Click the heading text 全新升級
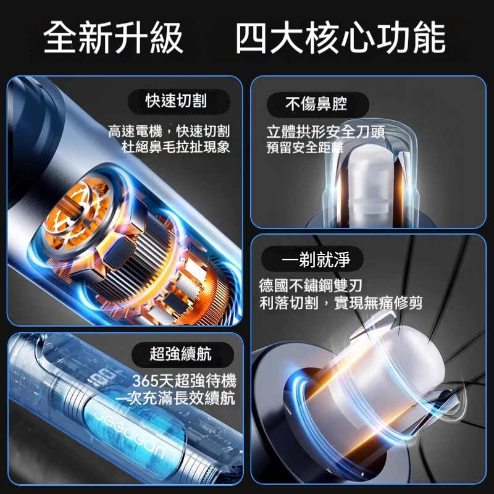(x=113, y=38)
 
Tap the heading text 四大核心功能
(x=341, y=38)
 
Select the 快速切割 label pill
(x=178, y=101)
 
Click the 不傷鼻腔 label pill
(x=317, y=104)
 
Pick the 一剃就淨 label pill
(x=312, y=259)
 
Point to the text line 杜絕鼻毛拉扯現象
(x=176, y=147)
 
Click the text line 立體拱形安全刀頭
(x=326, y=132)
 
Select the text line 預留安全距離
(x=304, y=148)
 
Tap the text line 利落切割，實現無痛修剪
(x=341, y=303)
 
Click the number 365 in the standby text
(x=145, y=381)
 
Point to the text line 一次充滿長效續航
(x=175, y=398)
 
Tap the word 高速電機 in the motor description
(x=135, y=132)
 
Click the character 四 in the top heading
(x=251, y=38)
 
